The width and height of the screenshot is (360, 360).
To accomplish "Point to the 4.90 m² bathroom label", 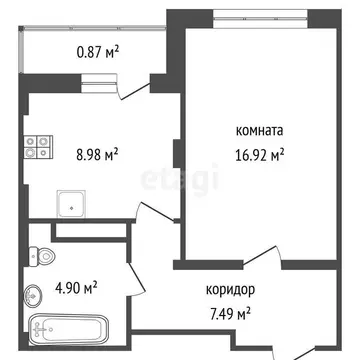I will coord(76,289).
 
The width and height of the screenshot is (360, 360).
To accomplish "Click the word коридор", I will coord(230,291).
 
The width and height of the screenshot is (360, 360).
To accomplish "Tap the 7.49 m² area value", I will coord(230,312).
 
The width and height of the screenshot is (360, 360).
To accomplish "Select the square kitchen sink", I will coord(71,205).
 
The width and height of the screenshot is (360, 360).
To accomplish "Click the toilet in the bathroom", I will coord(42,257).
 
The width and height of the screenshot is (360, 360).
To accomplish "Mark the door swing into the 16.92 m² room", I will coord(256,256).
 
